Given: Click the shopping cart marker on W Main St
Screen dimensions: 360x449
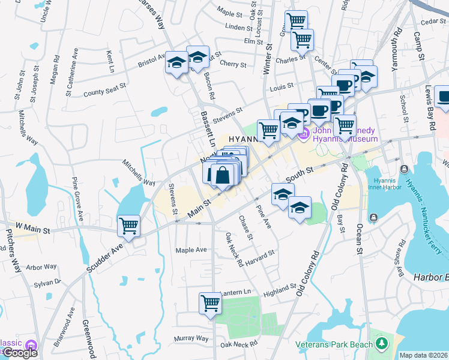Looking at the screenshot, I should [x=128, y=226].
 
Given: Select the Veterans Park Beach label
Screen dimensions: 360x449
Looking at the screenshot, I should [x=334, y=344].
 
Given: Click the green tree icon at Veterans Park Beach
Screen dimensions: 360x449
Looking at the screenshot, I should [x=381, y=343].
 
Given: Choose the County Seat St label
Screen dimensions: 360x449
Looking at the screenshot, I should [x=104, y=89].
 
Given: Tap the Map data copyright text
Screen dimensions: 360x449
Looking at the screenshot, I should [x=423, y=355].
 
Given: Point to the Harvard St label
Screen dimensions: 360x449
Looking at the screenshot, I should [x=259, y=256].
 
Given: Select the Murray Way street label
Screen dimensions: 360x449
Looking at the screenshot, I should [x=191, y=338].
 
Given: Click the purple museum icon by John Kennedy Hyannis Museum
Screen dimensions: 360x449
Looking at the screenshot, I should [x=304, y=133].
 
